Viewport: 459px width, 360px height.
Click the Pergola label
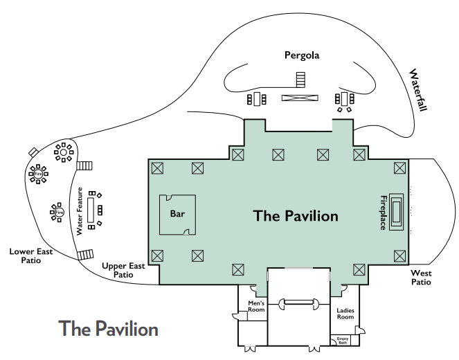[302, 55]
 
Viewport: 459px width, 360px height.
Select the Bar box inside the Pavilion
[178, 214]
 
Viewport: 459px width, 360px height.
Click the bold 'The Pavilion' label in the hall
[296, 216]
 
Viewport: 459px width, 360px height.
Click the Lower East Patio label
[31, 256]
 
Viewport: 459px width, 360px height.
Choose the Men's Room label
[257, 306]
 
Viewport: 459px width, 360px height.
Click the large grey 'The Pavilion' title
[108, 328]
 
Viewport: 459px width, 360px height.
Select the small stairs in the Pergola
[300, 78]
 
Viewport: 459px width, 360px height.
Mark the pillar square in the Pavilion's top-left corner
[157, 168]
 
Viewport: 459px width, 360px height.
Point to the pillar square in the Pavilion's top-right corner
[399, 168]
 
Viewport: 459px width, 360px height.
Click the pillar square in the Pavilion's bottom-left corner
[157, 256]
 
